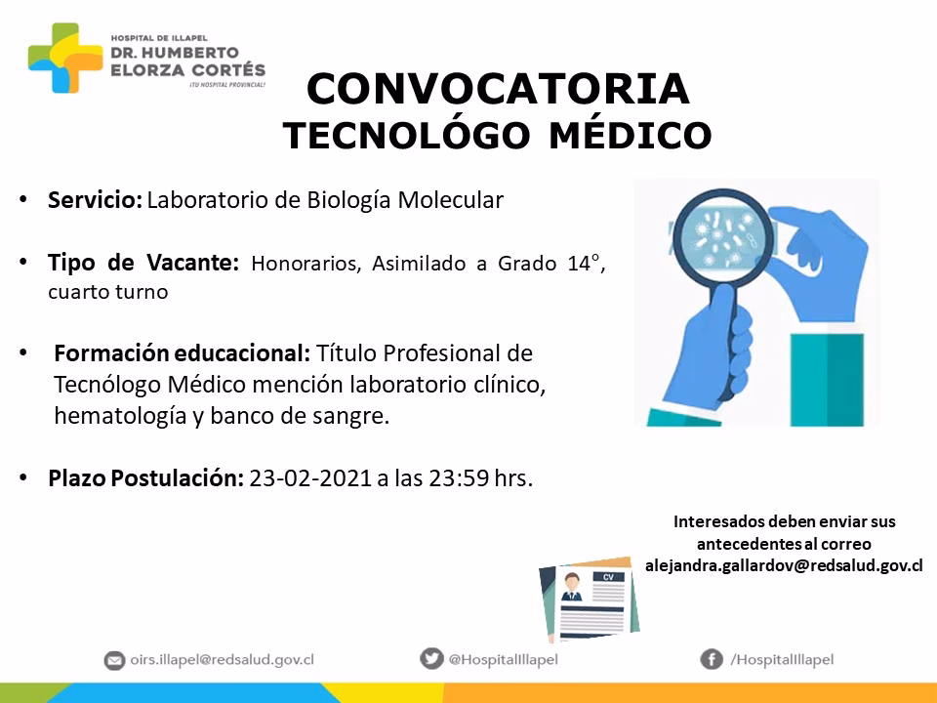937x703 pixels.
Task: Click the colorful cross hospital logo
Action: (x=65, y=58)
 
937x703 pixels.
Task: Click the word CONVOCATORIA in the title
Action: (x=499, y=89)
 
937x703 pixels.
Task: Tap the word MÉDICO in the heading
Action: (x=631, y=135)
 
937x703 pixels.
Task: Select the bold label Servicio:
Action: (x=95, y=199)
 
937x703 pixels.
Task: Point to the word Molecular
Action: (x=451, y=199)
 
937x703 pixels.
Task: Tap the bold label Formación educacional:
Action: (x=182, y=353)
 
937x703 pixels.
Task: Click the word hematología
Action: (x=120, y=416)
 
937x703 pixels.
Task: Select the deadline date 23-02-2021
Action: (x=310, y=478)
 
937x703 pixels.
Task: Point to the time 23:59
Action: (x=459, y=478)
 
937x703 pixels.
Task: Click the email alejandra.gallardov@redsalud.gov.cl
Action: (x=784, y=565)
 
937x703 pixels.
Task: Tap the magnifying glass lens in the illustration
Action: (x=723, y=236)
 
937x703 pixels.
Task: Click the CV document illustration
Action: (x=590, y=599)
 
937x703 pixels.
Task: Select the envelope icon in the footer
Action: (x=114, y=660)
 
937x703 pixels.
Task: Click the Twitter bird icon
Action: (x=431, y=658)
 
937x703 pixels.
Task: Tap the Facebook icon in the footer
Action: (x=712, y=659)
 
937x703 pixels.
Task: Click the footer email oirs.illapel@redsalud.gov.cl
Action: (x=223, y=659)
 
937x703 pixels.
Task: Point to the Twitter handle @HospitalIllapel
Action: (x=504, y=659)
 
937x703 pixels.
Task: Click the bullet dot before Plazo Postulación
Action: (x=23, y=477)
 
